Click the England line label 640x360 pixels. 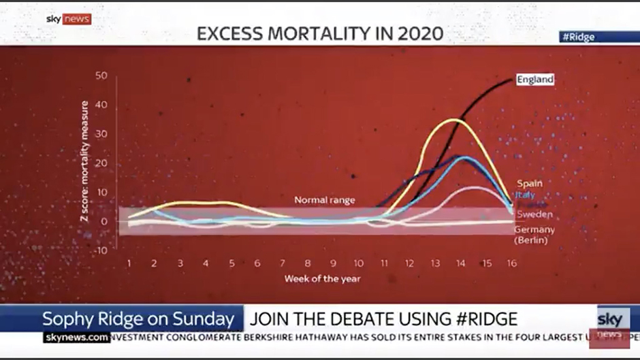[x=534, y=80]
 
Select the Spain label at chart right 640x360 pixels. [x=529, y=184]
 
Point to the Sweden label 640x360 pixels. [x=534, y=214]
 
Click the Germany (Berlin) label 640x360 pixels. [x=534, y=235]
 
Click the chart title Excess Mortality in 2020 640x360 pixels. [x=319, y=33]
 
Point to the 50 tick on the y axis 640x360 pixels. [x=101, y=76]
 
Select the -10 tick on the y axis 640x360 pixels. [x=100, y=250]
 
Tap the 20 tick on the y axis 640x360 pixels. [x=101, y=163]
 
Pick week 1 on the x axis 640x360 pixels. [x=129, y=263]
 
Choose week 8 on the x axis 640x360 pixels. [x=308, y=263]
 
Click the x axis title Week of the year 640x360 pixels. [x=322, y=278]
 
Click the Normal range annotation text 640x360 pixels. [x=324, y=200]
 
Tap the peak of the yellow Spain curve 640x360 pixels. [x=454, y=120]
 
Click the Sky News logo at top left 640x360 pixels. [x=68, y=19]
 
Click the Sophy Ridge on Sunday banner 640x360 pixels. [x=142, y=318]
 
